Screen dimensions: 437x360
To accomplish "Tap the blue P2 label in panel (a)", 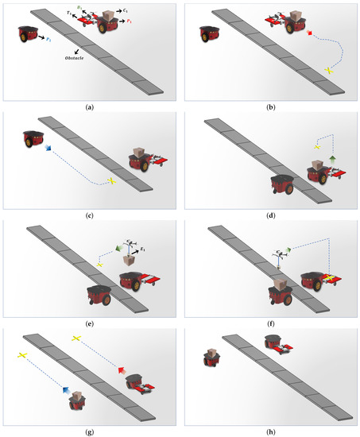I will tap(49, 38).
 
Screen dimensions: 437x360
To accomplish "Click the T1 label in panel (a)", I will tap(69, 15).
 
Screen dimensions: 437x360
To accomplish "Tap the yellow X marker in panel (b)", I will tap(328, 72).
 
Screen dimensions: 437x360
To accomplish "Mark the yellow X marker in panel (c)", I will tap(112, 182).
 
